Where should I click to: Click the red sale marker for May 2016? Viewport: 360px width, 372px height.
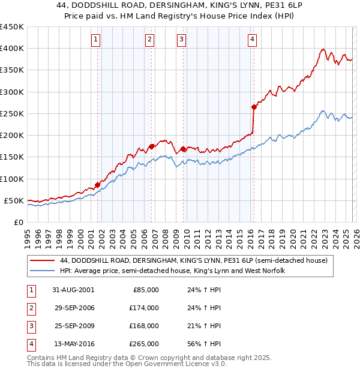coord(254,107)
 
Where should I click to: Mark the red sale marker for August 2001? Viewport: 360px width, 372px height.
coord(98,185)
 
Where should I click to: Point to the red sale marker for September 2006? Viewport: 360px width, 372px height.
coord(152,146)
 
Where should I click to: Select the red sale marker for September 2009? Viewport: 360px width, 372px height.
coord(184,149)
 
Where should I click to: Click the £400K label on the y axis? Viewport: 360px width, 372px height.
coord(11,49)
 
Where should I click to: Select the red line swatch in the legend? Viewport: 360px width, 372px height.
coord(42,261)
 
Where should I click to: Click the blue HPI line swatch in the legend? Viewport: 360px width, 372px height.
coord(42,271)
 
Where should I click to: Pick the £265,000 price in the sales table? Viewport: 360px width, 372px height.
coord(144,344)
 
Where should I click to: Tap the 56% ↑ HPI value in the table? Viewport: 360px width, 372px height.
coord(204,344)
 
